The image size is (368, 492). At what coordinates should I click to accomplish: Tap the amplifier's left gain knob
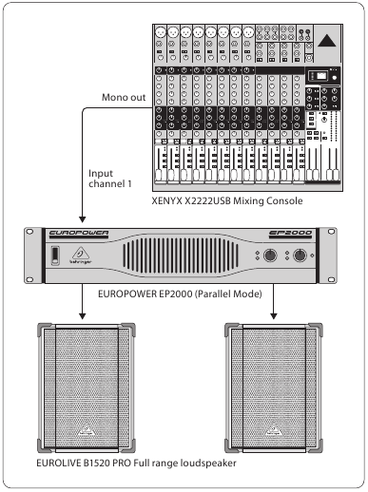pos(271,255)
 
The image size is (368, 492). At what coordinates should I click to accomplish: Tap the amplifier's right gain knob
pos(300,255)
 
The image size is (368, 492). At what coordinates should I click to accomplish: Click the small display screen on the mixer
pos(322,76)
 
